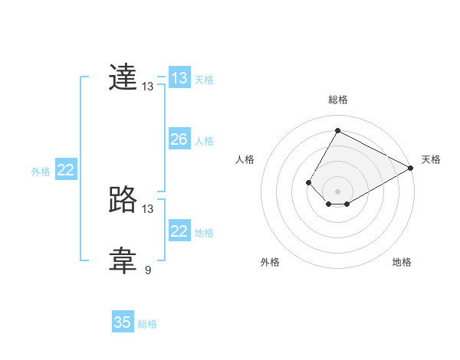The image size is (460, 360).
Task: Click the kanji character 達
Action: pyautogui.click(x=123, y=79)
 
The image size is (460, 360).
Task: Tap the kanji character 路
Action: pyautogui.click(x=123, y=201)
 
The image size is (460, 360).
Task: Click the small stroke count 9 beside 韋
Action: pyautogui.click(x=148, y=270)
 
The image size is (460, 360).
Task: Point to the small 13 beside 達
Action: pyautogui.click(x=148, y=87)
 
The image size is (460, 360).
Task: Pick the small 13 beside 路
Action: pyautogui.click(x=148, y=208)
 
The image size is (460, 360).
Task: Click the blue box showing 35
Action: pyautogui.click(x=123, y=322)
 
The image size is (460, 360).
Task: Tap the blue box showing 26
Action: pyautogui.click(x=179, y=139)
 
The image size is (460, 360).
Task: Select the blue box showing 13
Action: pyautogui.click(x=179, y=78)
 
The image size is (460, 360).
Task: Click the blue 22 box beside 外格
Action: pyautogui.click(x=65, y=170)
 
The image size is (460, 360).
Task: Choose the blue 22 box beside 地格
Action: pyautogui.click(x=179, y=231)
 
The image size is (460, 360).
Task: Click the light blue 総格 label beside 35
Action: pyautogui.click(x=147, y=324)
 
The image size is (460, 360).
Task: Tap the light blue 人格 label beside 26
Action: pyautogui.click(x=204, y=141)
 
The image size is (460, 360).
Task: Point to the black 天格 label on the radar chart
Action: pyautogui.click(x=431, y=159)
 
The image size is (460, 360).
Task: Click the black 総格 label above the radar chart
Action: pyautogui.click(x=338, y=100)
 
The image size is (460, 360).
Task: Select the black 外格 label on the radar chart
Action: pyautogui.click(x=270, y=262)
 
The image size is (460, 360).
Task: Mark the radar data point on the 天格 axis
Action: pyautogui.click(x=411, y=168)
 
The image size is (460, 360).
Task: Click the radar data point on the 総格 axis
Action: pyautogui.click(x=337, y=130)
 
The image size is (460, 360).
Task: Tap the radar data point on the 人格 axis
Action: pyautogui.click(x=308, y=182)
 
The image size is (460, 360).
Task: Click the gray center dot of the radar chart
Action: pyautogui.click(x=337, y=191)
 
